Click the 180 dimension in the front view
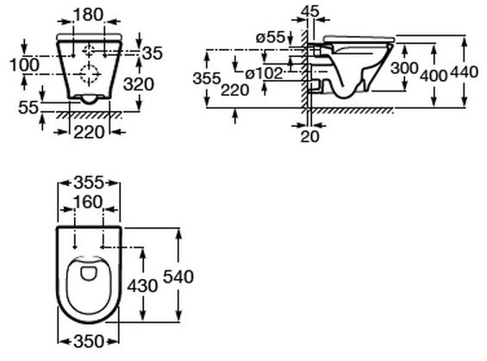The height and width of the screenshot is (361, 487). click(89, 15)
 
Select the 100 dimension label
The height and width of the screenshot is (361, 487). click(24, 65)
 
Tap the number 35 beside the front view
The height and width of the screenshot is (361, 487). click(153, 53)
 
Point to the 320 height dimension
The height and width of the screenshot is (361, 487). click(139, 84)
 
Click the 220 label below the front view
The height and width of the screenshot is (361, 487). click(89, 133)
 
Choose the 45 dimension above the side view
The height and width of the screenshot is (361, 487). click(310, 12)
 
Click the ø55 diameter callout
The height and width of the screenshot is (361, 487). click(271, 38)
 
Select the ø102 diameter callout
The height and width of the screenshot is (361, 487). click(264, 73)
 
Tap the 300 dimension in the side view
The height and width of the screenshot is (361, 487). click(404, 68)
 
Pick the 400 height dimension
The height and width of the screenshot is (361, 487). click(434, 75)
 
